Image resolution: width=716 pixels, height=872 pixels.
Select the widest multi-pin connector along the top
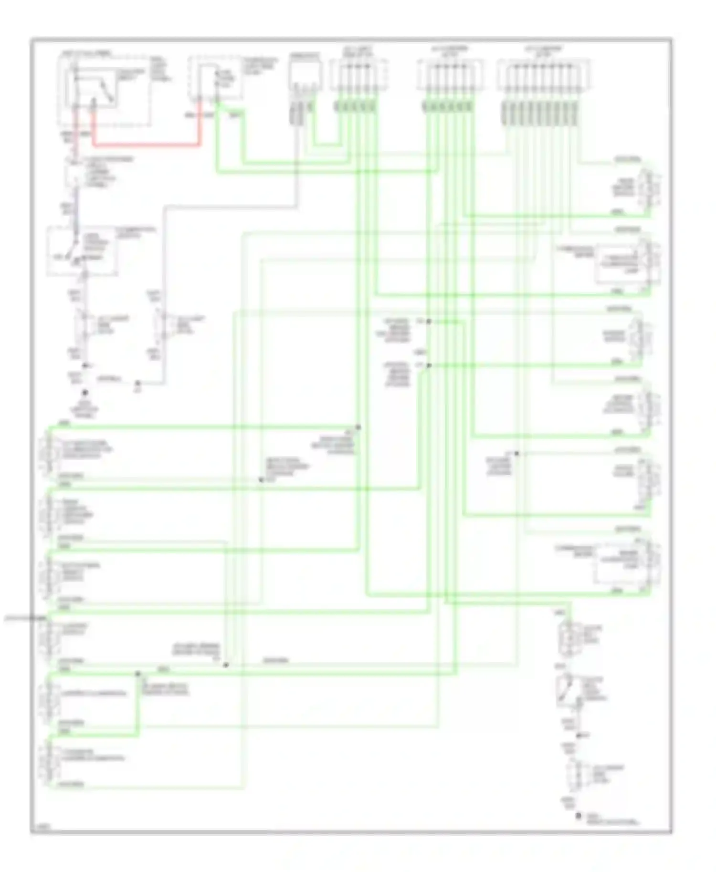[x=543, y=75]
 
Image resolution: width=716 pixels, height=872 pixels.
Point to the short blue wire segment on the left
[x=75, y=212]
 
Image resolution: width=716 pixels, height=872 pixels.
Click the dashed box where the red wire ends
[x=213, y=79]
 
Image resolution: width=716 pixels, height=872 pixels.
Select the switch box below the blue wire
[x=82, y=251]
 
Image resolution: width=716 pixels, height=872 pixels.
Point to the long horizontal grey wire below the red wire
[x=229, y=207]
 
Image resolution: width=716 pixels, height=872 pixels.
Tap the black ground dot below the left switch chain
[x=84, y=393]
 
